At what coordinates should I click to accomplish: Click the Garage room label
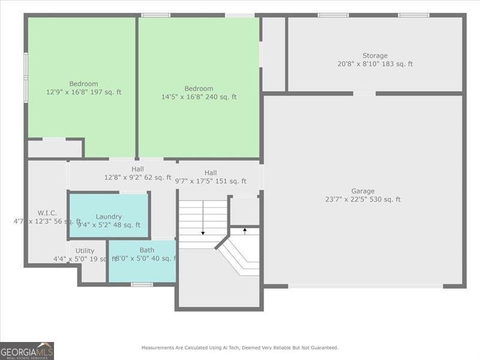click(x=362, y=191)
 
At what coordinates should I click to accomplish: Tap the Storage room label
click(x=374, y=56)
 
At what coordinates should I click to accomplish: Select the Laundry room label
click(x=109, y=217)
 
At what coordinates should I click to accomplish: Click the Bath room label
click(x=147, y=250)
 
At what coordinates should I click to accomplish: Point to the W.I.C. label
click(x=47, y=212)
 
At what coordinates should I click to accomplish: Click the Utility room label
click(x=85, y=251)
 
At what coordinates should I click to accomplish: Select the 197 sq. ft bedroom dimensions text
click(x=83, y=92)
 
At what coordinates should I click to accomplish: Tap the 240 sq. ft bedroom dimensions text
click(x=199, y=97)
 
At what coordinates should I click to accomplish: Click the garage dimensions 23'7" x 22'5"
click(x=362, y=200)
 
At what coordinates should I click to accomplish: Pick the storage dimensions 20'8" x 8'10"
click(x=374, y=64)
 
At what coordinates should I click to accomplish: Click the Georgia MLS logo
click(x=27, y=350)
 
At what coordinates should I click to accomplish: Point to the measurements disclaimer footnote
click(x=239, y=347)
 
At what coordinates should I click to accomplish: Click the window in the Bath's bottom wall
click(x=142, y=284)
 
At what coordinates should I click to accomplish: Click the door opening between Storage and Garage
click(x=364, y=94)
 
